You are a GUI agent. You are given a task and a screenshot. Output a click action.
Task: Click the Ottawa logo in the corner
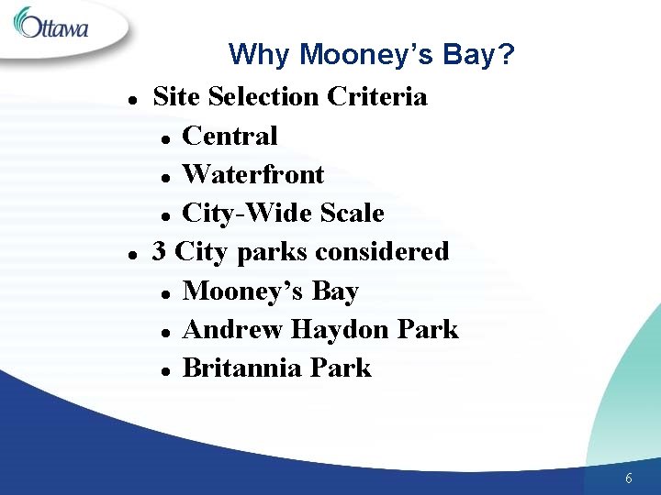[x=53, y=25]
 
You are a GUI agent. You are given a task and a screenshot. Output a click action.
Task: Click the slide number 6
[x=628, y=478]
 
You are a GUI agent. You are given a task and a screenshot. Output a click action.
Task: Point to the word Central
[x=230, y=136]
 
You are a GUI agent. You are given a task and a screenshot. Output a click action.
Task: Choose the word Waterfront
[x=253, y=174]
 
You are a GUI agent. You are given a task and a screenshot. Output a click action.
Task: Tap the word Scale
[x=351, y=214]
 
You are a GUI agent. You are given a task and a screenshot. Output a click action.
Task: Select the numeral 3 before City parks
[x=160, y=251]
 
